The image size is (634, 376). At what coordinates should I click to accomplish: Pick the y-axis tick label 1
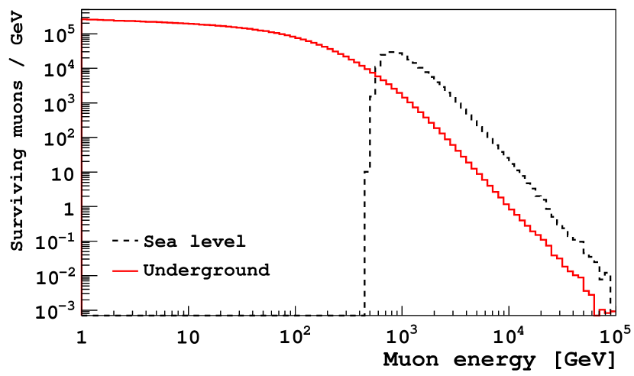pyautogui.click(x=69, y=208)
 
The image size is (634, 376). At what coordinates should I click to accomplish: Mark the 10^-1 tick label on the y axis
pyautogui.click(x=57, y=241)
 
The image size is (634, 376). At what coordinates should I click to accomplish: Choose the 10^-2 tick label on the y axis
pyautogui.click(x=57, y=275)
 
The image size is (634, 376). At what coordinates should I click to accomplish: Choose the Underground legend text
pyautogui.click(x=206, y=270)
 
